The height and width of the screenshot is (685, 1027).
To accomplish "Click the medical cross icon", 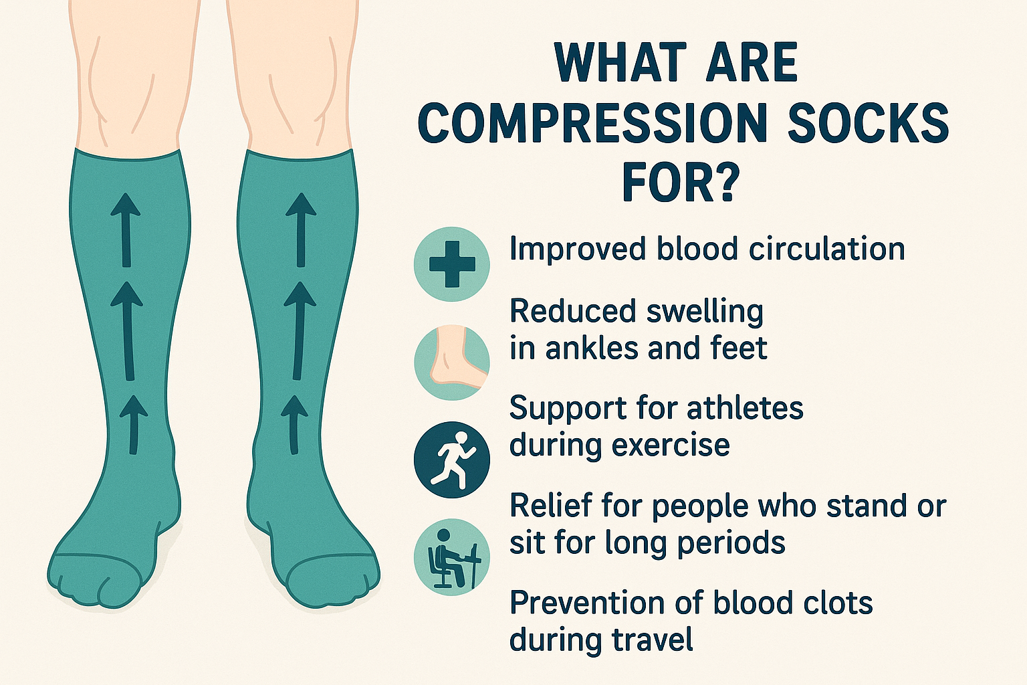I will (452, 264).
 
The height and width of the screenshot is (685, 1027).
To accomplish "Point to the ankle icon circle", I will (452, 363).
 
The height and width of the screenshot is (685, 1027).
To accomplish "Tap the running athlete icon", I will (452, 460).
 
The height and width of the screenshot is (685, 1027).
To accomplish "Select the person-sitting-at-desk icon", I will (452, 558).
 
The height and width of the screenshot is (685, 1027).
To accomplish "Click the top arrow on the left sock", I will (125, 228).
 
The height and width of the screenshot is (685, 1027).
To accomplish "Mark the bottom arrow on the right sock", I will (294, 424).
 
